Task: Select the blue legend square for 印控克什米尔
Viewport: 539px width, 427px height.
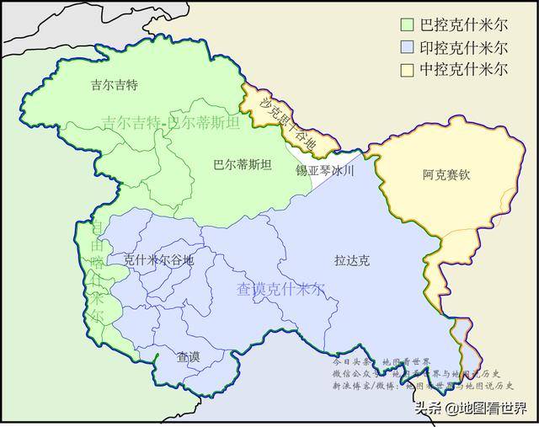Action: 407,47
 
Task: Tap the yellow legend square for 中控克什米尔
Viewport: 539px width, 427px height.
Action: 407,68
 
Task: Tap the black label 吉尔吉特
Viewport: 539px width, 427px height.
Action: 113,84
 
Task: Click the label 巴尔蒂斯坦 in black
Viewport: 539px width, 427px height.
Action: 243,165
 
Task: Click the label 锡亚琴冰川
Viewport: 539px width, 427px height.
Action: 324,170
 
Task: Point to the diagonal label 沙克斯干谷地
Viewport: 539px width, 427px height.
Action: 288,125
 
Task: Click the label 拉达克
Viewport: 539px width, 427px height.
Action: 351,260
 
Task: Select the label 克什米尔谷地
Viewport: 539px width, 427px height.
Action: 158,260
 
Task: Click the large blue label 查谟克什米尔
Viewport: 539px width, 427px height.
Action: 280,290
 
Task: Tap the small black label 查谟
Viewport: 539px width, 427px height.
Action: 188,357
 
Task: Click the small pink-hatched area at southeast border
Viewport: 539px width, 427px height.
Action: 462,334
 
